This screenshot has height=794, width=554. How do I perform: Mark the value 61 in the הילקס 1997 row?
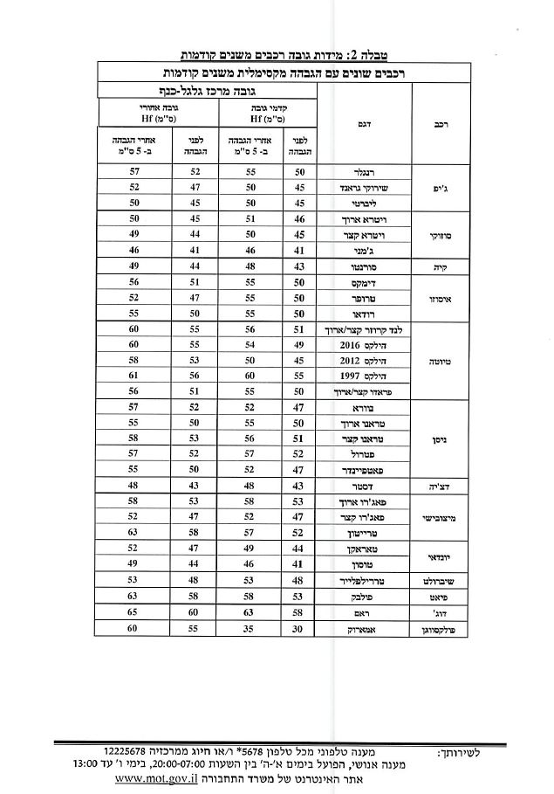tap(133, 375)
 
